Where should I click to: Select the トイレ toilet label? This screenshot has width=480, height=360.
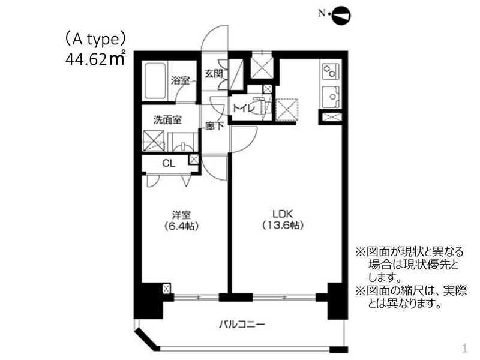point(243,108)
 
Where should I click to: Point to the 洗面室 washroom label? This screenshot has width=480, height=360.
point(167,119)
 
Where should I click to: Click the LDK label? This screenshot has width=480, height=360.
point(283,214)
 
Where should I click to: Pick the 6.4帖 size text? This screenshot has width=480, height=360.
point(181,226)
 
